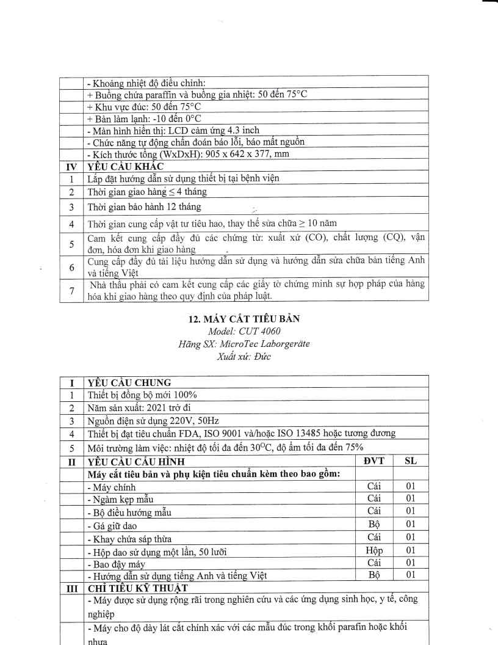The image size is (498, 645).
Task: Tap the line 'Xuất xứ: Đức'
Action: pos(248,355)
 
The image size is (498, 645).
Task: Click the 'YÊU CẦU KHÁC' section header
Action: pos(125,166)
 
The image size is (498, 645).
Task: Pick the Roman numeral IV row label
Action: pos(72,166)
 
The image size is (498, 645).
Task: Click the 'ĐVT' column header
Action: pos(375,461)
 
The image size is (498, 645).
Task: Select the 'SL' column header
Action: pos(411,461)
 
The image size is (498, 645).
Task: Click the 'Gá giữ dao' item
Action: pos(112,525)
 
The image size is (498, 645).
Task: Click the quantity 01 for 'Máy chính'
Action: pos(411,486)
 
